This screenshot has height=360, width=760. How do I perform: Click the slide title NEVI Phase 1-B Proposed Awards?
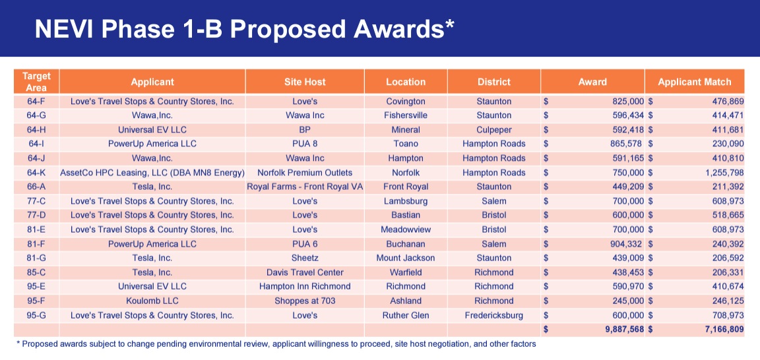[244, 30]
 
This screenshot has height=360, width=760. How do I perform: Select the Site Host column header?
[305, 82]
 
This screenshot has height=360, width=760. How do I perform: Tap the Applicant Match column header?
[695, 82]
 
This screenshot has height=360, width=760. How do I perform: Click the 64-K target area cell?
[36, 173]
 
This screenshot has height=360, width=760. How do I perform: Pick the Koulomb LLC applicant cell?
[152, 301]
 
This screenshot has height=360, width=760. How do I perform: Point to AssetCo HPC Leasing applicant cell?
[152, 173]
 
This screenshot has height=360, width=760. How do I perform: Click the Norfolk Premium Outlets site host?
[305, 173]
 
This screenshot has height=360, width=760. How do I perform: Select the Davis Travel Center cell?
[305, 272]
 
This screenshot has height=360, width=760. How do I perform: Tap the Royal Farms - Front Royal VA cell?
[305, 187]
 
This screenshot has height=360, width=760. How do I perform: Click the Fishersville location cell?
[406, 115]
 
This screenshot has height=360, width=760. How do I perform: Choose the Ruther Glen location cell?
[406, 315]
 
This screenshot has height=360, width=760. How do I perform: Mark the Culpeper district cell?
[494, 130]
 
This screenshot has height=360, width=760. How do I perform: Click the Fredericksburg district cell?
[494, 315]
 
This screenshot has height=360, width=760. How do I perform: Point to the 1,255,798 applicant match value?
[723, 173]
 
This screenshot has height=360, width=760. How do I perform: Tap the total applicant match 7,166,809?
[723, 330]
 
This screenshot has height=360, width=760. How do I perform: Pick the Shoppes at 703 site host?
[305, 301]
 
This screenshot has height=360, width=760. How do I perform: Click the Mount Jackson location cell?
[406, 258]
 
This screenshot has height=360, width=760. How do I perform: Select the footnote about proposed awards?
[276, 344]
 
